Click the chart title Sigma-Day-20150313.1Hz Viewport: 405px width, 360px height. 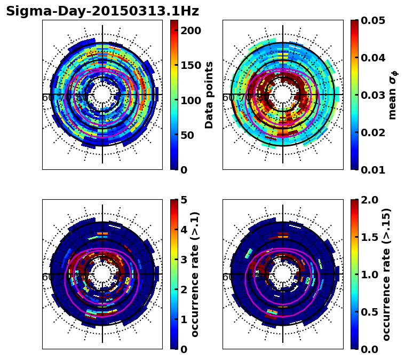102,11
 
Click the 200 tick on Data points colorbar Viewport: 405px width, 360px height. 190,31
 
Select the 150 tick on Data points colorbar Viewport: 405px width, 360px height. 190,66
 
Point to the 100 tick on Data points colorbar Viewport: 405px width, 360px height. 190,100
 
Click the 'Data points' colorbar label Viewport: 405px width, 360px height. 209,95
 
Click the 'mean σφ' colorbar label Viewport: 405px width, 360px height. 393,95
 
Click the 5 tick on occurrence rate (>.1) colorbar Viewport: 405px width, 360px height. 183,200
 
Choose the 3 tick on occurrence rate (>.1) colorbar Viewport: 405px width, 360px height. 183,260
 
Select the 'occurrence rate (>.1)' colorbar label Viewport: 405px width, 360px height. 195,275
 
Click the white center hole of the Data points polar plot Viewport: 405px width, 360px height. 102,95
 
